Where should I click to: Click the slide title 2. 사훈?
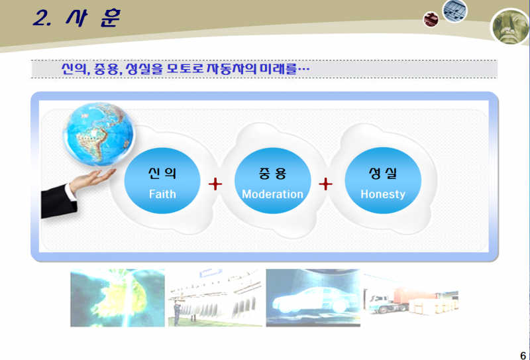pos(76,18)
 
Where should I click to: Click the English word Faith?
pos(162,194)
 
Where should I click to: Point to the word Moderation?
pos(272,194)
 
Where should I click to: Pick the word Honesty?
pos(383,194)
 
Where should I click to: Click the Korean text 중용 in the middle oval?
pos(272,173)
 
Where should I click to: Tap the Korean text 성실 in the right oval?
pos(383,173)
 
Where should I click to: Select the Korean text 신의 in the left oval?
pos(162,173)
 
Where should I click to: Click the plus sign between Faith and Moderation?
pos(215,184)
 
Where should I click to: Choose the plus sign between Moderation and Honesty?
pos(325,184)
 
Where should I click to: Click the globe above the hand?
pos(99,134)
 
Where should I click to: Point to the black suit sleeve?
pos(58,202)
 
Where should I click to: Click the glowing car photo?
pos(313,298)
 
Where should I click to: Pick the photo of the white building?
pos(215,298)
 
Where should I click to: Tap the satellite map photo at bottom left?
pos(118,298)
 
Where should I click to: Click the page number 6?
pos(523,355)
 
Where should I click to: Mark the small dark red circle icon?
pos(431,19)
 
